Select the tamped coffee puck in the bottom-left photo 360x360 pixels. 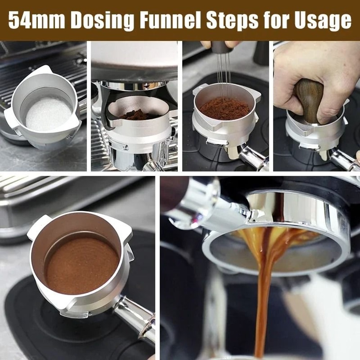pos(81,265)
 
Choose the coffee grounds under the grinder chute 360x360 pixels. pos(135,115)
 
